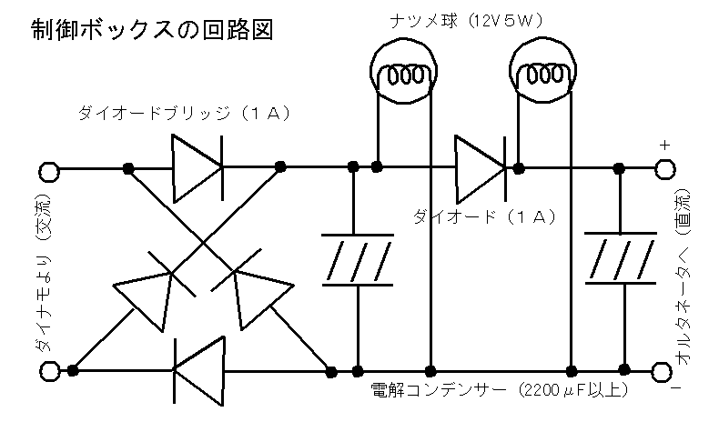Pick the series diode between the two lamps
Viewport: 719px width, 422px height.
pyautogui.click(x=480, y=167)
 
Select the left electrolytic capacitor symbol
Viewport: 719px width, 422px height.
pyautogui.click(x=357, y=261)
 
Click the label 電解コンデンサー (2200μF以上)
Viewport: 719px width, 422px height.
pyautogui.click(x=499, y=392)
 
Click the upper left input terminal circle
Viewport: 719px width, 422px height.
pyautogui.click(x=47, y=169)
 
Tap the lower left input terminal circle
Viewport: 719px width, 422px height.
pyautogui.click(x=47, y=369)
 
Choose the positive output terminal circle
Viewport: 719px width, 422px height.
pyautogui.click(x=665, y=169)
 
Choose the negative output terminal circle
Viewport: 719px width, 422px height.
pyautogui.click(x=665, y=371)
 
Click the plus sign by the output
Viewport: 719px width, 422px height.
pyautogui.click(x=664, y=145)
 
